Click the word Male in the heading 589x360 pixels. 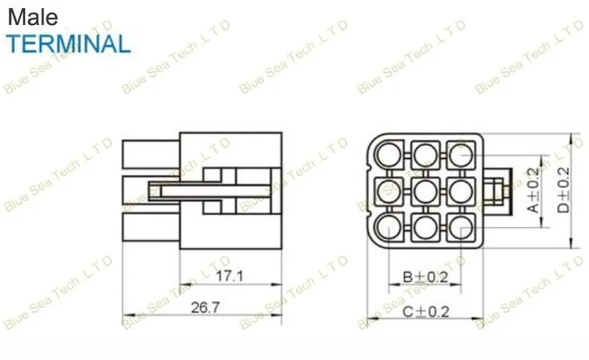pyautogui.click(x=32, y=17)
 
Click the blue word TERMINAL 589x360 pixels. pyautogui.click(x=68, y=43)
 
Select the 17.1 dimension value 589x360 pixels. pyautogui.click(x=230, y=276)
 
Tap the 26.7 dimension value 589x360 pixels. pyautogui.click(x=205, y=308)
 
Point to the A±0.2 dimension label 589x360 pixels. pyautogui.click(x=533, y=190)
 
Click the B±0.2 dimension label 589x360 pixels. pyautogui.click(x=426, y=278)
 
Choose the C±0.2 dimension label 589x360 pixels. pyautogui.click(x=426, y=311)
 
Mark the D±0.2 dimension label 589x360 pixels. pyautogui.click(x=563, y=190)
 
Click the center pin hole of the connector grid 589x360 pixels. pyautogui.click(x=426, y=191)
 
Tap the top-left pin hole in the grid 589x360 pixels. pyautogui.click(x=389, y=155)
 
